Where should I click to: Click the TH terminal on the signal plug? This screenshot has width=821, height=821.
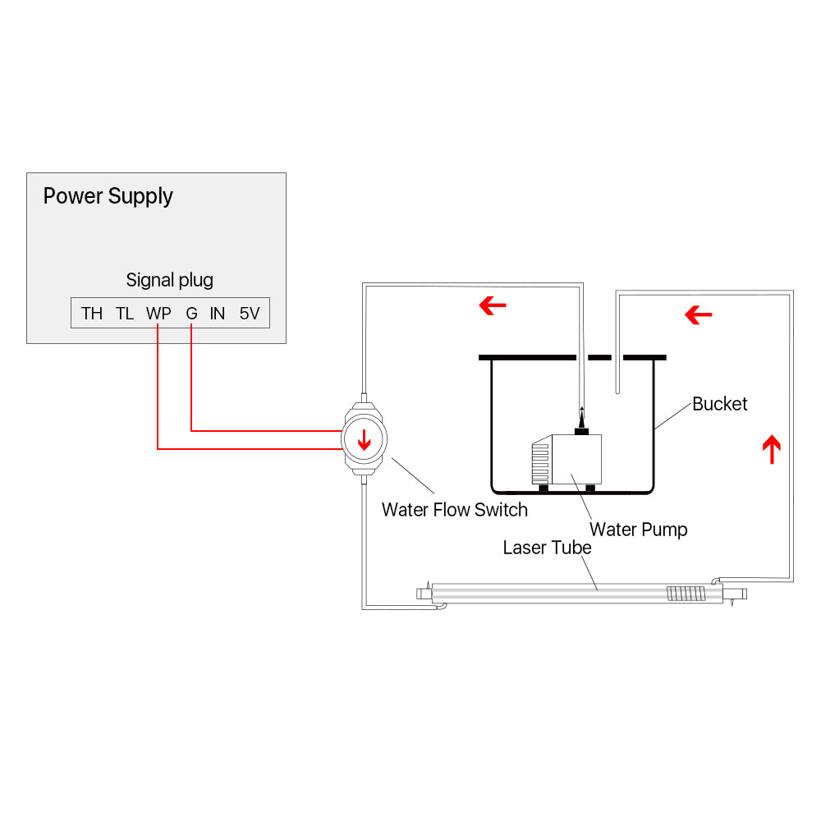(x=92, y=313)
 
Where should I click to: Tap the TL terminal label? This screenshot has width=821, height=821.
(x=125, y=313)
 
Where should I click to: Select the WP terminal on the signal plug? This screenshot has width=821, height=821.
(x=158, y=313)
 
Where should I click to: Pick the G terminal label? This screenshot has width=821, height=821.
(x=191, y=313)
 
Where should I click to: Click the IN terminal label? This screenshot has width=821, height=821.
(x=217, y=313)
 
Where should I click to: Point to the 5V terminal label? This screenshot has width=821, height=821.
(x=250, y=313)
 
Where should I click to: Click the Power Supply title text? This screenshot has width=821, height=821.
(x=108, y=196)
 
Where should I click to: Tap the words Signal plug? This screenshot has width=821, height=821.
(x=169, y=280)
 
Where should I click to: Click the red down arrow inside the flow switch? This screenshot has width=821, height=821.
(x=364, y=440)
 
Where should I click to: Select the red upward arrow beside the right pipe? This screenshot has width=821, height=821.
(x=771, y=450)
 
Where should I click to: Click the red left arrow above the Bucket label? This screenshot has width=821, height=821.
(x=698, y=314)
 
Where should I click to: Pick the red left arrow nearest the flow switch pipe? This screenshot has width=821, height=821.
(x=493, y=306)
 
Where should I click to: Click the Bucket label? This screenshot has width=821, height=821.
(x=720, y=404)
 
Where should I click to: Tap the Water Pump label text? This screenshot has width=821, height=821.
(x=638, y=530)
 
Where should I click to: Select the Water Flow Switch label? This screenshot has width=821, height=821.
(x=454, y=510)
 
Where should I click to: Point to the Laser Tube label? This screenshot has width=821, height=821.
(x=547, y=548)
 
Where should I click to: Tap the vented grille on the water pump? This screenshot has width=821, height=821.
(x=540, y=464)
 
